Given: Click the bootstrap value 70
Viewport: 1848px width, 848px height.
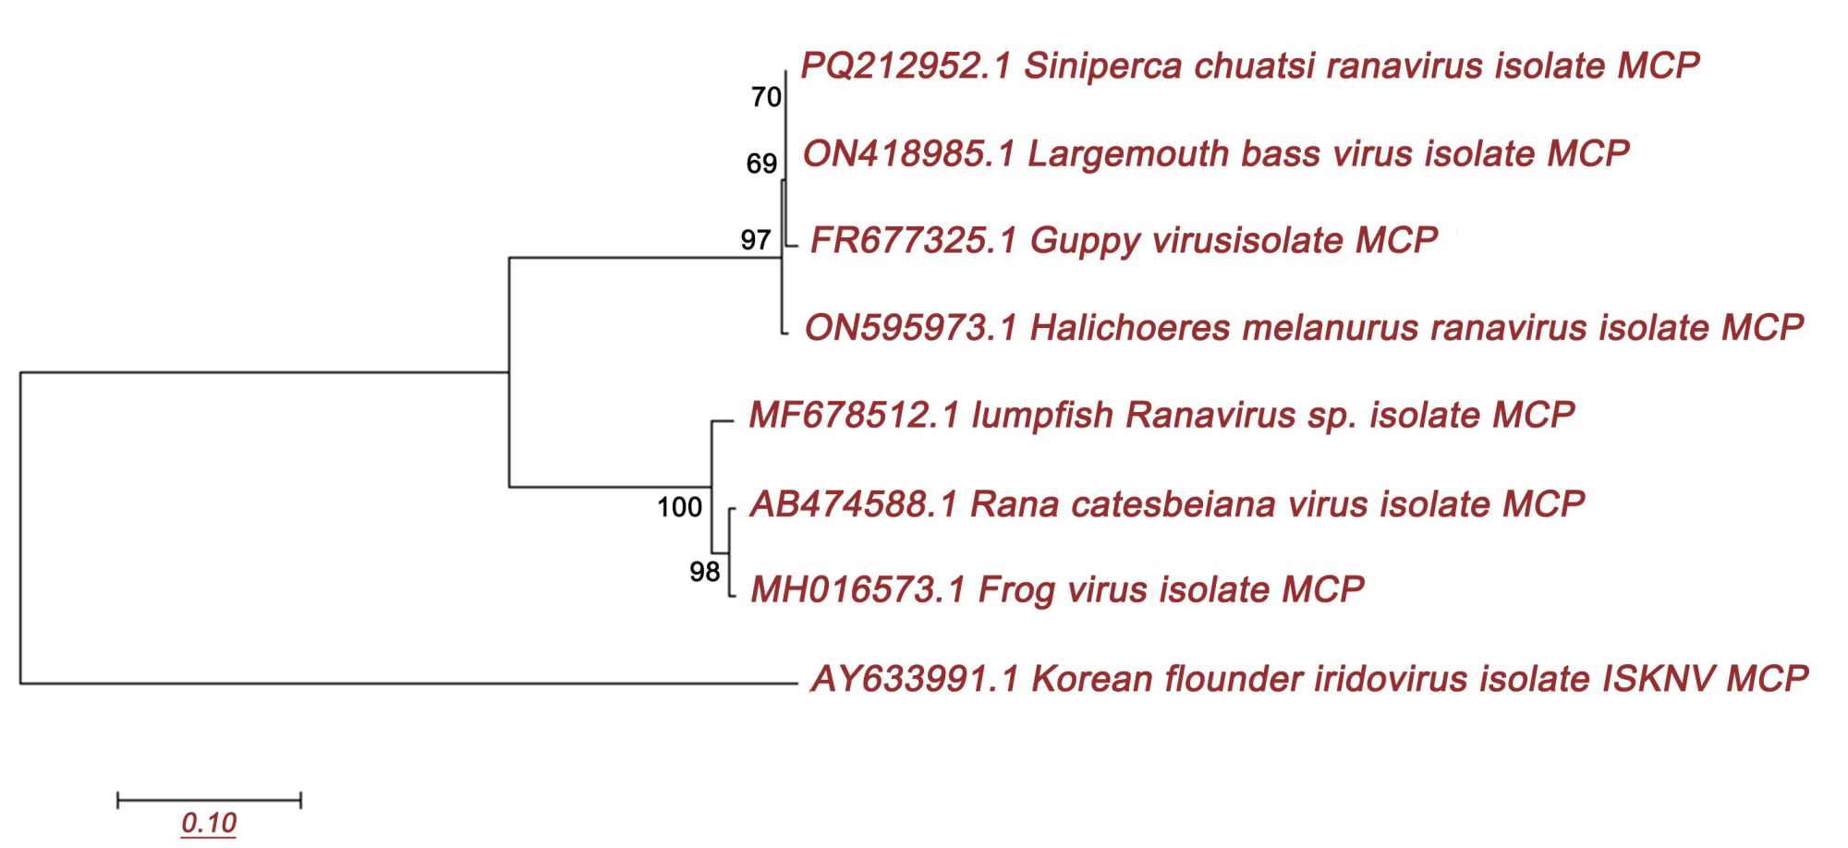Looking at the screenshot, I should click(x=766, y=97).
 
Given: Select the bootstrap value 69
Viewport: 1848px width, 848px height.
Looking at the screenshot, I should click(x=761, y=164).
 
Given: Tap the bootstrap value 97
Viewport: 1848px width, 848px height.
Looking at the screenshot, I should click(x=755, y=240).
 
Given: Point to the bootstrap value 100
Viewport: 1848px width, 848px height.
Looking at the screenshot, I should click(x=679, y=507).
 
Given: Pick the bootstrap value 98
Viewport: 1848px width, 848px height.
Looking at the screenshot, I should click(x=704, y=572).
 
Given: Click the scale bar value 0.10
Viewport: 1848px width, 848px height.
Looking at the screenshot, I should click(x=209, y=822).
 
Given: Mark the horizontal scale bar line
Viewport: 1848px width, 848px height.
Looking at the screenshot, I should click(x=209, y=800).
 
